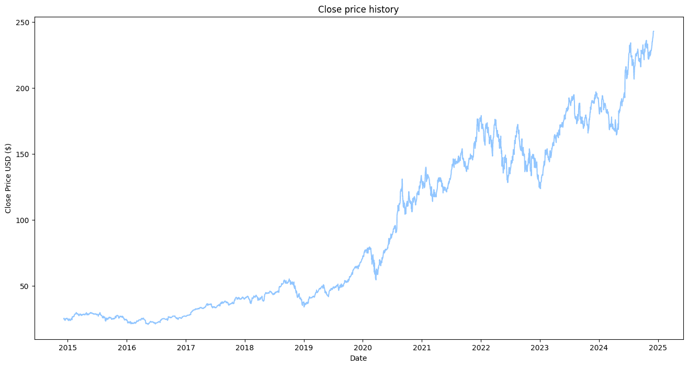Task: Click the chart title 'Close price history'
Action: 358,9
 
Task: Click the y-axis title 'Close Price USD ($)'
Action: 8,178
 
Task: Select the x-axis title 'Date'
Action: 358,359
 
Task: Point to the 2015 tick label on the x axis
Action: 67,347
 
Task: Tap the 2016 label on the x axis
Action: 127,347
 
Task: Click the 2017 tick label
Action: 186,347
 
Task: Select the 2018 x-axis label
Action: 244,347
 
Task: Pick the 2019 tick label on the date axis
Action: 303,347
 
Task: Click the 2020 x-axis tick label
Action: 363,347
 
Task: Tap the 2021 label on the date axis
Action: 422,347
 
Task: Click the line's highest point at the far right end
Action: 653,31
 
